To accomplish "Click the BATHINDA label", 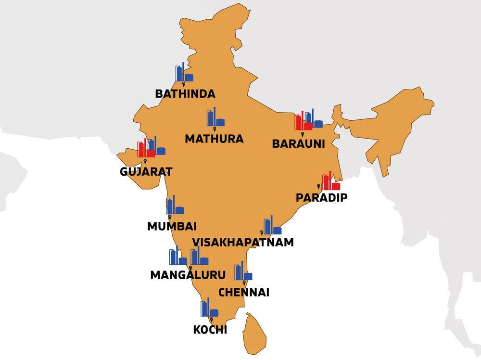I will [185, 93].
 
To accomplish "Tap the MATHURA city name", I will [214, 139].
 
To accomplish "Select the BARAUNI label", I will [298, 143].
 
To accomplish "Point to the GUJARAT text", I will [146, 171].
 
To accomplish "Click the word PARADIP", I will [321, 197].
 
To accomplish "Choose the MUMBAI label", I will [172, 226].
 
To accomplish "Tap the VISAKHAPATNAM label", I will [242, 242].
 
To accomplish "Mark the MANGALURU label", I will [188, 275].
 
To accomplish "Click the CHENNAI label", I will [244, 292].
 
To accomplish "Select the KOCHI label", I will [210, 330].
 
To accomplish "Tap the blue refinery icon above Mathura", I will [215, 117].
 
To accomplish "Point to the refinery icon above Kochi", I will [209, 308].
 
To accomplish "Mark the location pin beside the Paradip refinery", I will [318, 186].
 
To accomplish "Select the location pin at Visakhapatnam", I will [262, 232].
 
